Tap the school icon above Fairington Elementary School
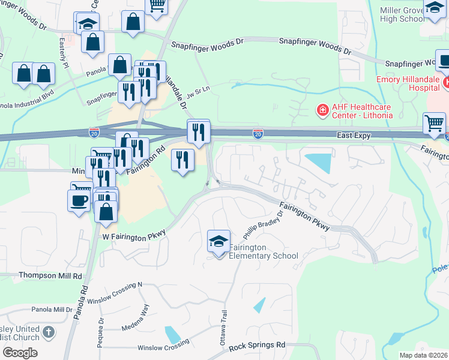click(x=218, y=242)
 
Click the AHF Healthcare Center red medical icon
click(x=322, y=110)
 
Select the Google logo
click(x=20, y=352)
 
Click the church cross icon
click(x=49, y=331)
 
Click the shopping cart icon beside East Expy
click(x=434, y=124)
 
